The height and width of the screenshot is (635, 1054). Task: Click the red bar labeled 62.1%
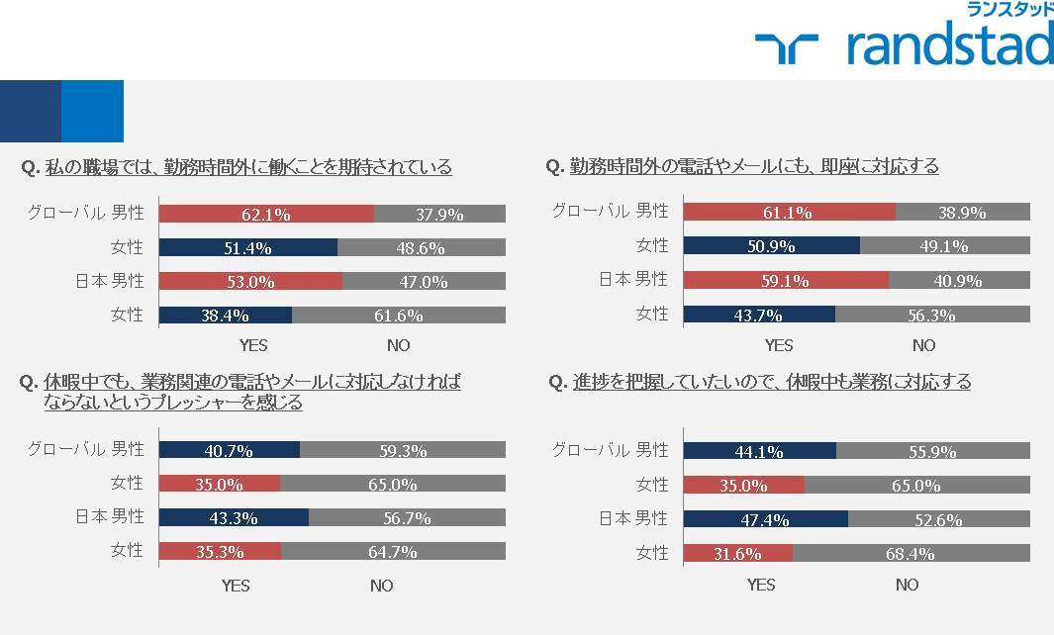(267, 214)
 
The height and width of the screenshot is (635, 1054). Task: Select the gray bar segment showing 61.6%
(399, 315)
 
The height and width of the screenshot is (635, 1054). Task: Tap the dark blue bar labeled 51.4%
(248, 247)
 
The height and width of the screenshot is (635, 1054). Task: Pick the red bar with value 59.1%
(786, 280)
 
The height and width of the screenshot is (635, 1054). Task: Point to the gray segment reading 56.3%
(932, 314)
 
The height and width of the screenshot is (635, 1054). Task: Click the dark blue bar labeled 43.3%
(234, 517)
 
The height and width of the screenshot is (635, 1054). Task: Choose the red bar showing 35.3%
(220, 551)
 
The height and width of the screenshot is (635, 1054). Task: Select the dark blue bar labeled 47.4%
(766, 518)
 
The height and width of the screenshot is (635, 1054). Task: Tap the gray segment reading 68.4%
(911, 553)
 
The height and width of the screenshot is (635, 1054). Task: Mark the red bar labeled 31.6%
(738, 553)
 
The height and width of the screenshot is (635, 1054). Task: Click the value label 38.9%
(962, 213)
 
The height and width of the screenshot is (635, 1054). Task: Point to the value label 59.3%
(403, 450)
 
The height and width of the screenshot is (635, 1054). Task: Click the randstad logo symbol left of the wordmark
(787, 48)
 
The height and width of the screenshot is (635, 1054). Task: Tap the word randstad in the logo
(950, 43)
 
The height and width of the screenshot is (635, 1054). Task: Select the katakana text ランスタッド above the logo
(1009, 9)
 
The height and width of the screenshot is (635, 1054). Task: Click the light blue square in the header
(92, 111)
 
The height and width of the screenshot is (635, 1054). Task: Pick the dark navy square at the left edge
(31, 111)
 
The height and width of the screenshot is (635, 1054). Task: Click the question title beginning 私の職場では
(237, 166)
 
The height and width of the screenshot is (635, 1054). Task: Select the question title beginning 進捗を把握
(760, 382)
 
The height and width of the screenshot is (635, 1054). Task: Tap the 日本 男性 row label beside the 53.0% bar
(110, 280)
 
